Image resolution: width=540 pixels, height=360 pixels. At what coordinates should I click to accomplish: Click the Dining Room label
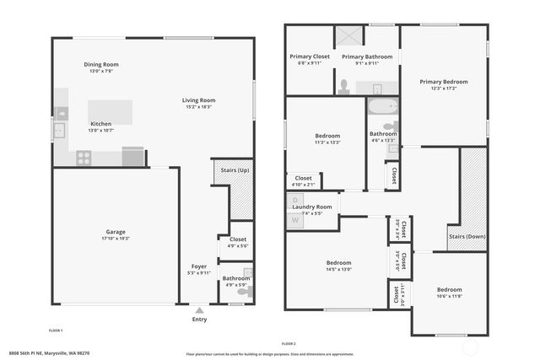101,65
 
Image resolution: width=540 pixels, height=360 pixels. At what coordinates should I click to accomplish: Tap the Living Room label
199,100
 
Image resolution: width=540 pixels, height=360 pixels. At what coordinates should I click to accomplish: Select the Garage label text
116,231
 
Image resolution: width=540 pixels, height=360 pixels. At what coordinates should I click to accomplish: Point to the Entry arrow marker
199,309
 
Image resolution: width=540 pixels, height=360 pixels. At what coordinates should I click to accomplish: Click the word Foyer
199,266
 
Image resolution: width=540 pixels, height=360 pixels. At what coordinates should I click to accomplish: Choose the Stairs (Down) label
467,237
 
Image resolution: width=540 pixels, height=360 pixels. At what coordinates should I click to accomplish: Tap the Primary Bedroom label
444,82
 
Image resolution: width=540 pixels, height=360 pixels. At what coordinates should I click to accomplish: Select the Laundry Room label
312,207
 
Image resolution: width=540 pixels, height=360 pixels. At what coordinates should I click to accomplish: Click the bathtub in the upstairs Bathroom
382,108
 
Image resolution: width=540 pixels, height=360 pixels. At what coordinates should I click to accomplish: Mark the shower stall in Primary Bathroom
348,37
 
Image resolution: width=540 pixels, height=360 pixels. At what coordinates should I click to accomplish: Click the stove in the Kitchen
84,156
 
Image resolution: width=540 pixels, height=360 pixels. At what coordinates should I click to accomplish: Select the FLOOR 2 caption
289,343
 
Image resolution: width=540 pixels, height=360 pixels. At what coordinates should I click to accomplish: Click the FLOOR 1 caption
56,330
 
